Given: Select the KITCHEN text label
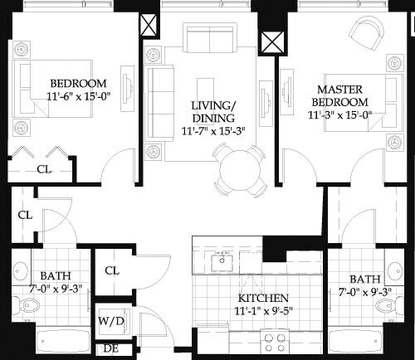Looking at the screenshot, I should pyautogui.click(x=263, y=298).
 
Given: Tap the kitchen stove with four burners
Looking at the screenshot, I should pyautogui.click(x=274, y=341).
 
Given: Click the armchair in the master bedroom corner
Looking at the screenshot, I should pyautogui.click(x=364, y=34).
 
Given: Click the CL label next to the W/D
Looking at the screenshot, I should pyautogui.click(x=110, y=270).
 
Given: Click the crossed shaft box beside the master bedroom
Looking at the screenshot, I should pyautogui.click(x=271, y=43).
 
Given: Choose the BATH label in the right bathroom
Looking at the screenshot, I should pyautogui.click(x=364, y=279).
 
